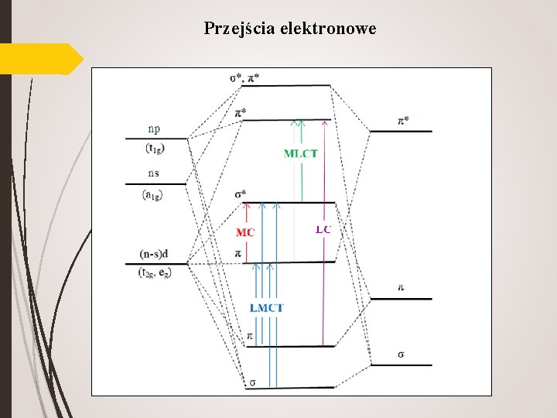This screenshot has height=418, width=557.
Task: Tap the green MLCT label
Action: (300, 153)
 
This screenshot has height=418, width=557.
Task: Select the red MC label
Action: (245, 232)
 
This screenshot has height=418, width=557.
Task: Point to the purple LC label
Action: (323, 229)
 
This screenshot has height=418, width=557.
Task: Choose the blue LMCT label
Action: (266, 308)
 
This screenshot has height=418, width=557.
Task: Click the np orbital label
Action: (155, 129)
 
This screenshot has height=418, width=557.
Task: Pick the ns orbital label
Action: (155, 173)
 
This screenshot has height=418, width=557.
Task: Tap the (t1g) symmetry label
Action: (155, 149)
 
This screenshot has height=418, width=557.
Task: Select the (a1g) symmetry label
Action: (152, 195)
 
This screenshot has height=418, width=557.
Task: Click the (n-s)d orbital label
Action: (155, 253)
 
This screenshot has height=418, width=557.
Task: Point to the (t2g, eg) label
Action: (155, 273)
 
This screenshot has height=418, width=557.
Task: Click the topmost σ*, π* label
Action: (245, 77)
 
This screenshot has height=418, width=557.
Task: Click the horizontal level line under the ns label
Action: (155, 184)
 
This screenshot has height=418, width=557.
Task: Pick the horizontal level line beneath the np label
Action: (155, 139)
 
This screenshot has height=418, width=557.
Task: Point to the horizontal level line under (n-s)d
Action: (156, 264)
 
